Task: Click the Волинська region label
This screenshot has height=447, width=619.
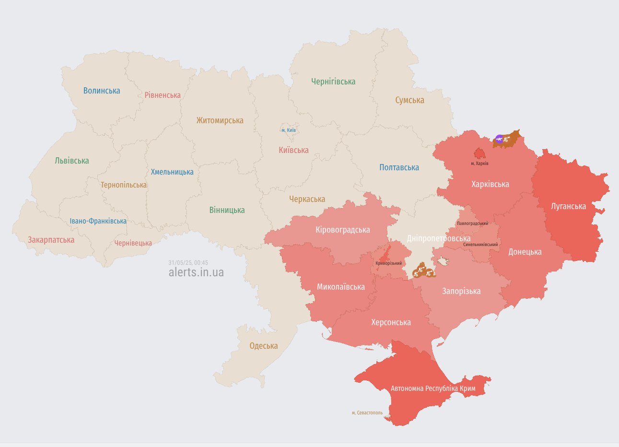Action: [x=102, y=91]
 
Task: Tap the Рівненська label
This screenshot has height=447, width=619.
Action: [x=163, y=95]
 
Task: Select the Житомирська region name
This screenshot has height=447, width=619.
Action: [x=220, y=120]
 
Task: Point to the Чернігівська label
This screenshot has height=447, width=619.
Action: [x=333, y=82]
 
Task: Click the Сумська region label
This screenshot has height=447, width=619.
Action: [x=409, y=100]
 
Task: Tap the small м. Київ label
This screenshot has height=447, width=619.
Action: [x=288, y=130]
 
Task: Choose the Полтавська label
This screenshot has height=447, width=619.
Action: [x=399, y=167]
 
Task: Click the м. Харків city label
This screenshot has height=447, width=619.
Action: [x=479, y=164]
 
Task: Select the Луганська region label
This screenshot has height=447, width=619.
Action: [x=568, y=206]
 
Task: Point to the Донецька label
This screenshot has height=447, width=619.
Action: [x=525, y=252]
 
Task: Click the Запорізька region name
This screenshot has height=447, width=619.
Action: [x=461, y=291]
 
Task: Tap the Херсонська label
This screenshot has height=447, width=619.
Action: [x=391, y=322]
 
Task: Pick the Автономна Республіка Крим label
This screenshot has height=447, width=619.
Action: [x=433, y=388]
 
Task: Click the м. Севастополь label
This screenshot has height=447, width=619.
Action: [x=367, y=412]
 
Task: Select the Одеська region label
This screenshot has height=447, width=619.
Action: [x=263, y=346]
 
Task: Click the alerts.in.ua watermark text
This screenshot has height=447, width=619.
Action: [x=196, y=272]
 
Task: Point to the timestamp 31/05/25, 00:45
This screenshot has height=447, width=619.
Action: [x=188, y=263]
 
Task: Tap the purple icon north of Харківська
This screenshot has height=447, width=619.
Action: [x=499, y=139]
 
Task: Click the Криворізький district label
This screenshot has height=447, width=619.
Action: [x=389, y=263]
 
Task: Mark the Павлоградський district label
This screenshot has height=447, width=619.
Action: [x=472, y=223]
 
